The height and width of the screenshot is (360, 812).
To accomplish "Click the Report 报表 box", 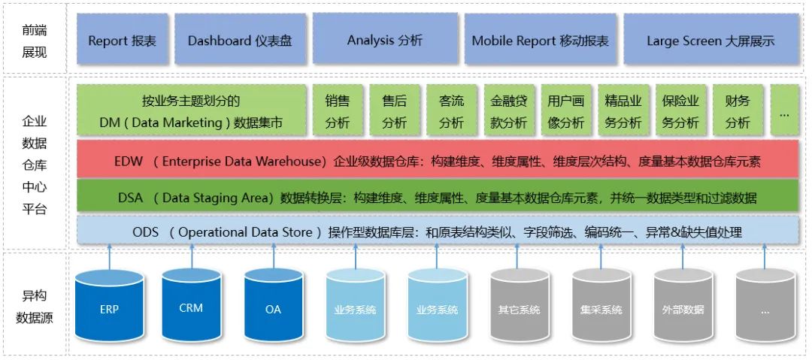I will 123,41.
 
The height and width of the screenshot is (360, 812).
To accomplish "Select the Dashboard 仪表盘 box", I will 240,41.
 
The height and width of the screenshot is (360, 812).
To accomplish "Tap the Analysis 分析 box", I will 385,40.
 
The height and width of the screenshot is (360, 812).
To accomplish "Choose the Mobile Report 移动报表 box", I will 540,41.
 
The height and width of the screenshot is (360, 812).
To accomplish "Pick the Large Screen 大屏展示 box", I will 710,41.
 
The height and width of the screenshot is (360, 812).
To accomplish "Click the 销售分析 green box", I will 337,111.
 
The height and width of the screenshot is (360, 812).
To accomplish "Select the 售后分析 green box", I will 394,111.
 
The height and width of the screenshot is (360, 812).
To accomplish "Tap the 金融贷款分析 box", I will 509,111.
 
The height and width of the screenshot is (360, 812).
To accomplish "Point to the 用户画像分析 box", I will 565,111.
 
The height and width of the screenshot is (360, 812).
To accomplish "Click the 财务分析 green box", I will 738,111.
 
